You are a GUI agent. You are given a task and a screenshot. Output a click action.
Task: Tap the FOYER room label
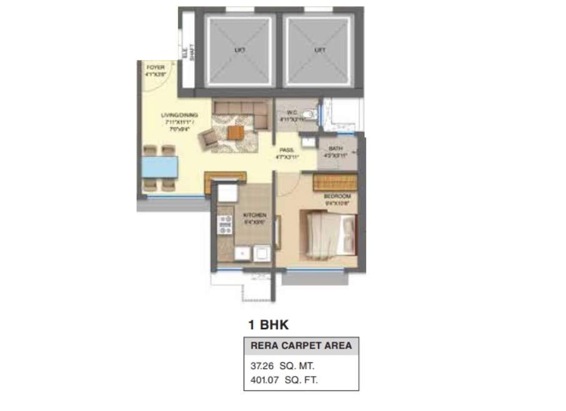coord(154,69)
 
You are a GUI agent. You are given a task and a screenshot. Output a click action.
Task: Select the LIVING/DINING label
coord(179,119)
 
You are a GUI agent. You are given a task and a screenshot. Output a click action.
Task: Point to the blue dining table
coord(160,167)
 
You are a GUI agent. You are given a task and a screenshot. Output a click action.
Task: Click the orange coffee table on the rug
coord(236,132)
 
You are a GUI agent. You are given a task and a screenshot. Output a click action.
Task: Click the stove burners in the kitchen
coord(224,225)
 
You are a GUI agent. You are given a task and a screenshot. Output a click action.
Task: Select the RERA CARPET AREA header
coord(300,345)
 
